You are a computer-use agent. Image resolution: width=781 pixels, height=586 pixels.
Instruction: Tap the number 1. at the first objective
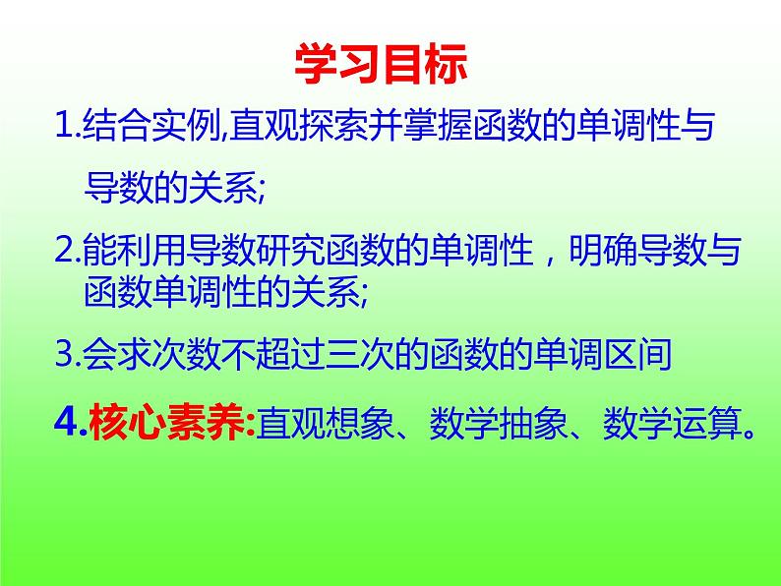click(69, 128)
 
